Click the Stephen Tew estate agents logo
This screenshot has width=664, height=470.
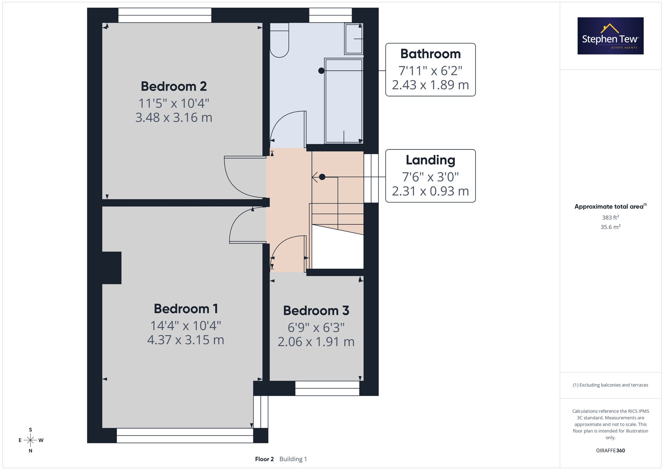click(x=611, y=36)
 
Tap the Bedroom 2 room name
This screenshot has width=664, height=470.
click(x=174, y=86)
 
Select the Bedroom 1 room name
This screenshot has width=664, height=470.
click(x=186, y=309)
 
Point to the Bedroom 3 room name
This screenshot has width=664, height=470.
click(x=316, y=311)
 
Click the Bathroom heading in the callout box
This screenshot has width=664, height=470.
click(x=431, y=54)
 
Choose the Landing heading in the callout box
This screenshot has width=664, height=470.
click(x=431, y=160)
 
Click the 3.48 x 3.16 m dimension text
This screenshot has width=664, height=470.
click(x=174, y=118)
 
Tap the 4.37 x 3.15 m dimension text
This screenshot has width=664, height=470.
click(x=186, y=340)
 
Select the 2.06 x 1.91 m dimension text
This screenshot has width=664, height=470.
click(x=316, y=342)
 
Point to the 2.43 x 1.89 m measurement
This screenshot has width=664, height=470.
click(x=431, y=85)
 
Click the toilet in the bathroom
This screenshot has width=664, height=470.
click(x=279, y=40)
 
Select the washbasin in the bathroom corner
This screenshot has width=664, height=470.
click(x=354, y=39)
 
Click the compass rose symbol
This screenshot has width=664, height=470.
click(x=31, y=440)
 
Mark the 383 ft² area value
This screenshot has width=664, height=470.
click(x=611, y=218)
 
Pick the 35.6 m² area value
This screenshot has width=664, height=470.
click(x=611, y=227)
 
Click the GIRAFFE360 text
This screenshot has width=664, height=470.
click(x=611, y=451)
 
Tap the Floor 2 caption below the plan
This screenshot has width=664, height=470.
click(x=264, y=459)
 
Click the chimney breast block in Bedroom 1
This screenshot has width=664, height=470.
click(x=112, y=268)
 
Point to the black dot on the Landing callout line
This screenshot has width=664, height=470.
click(x=322, y=177)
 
